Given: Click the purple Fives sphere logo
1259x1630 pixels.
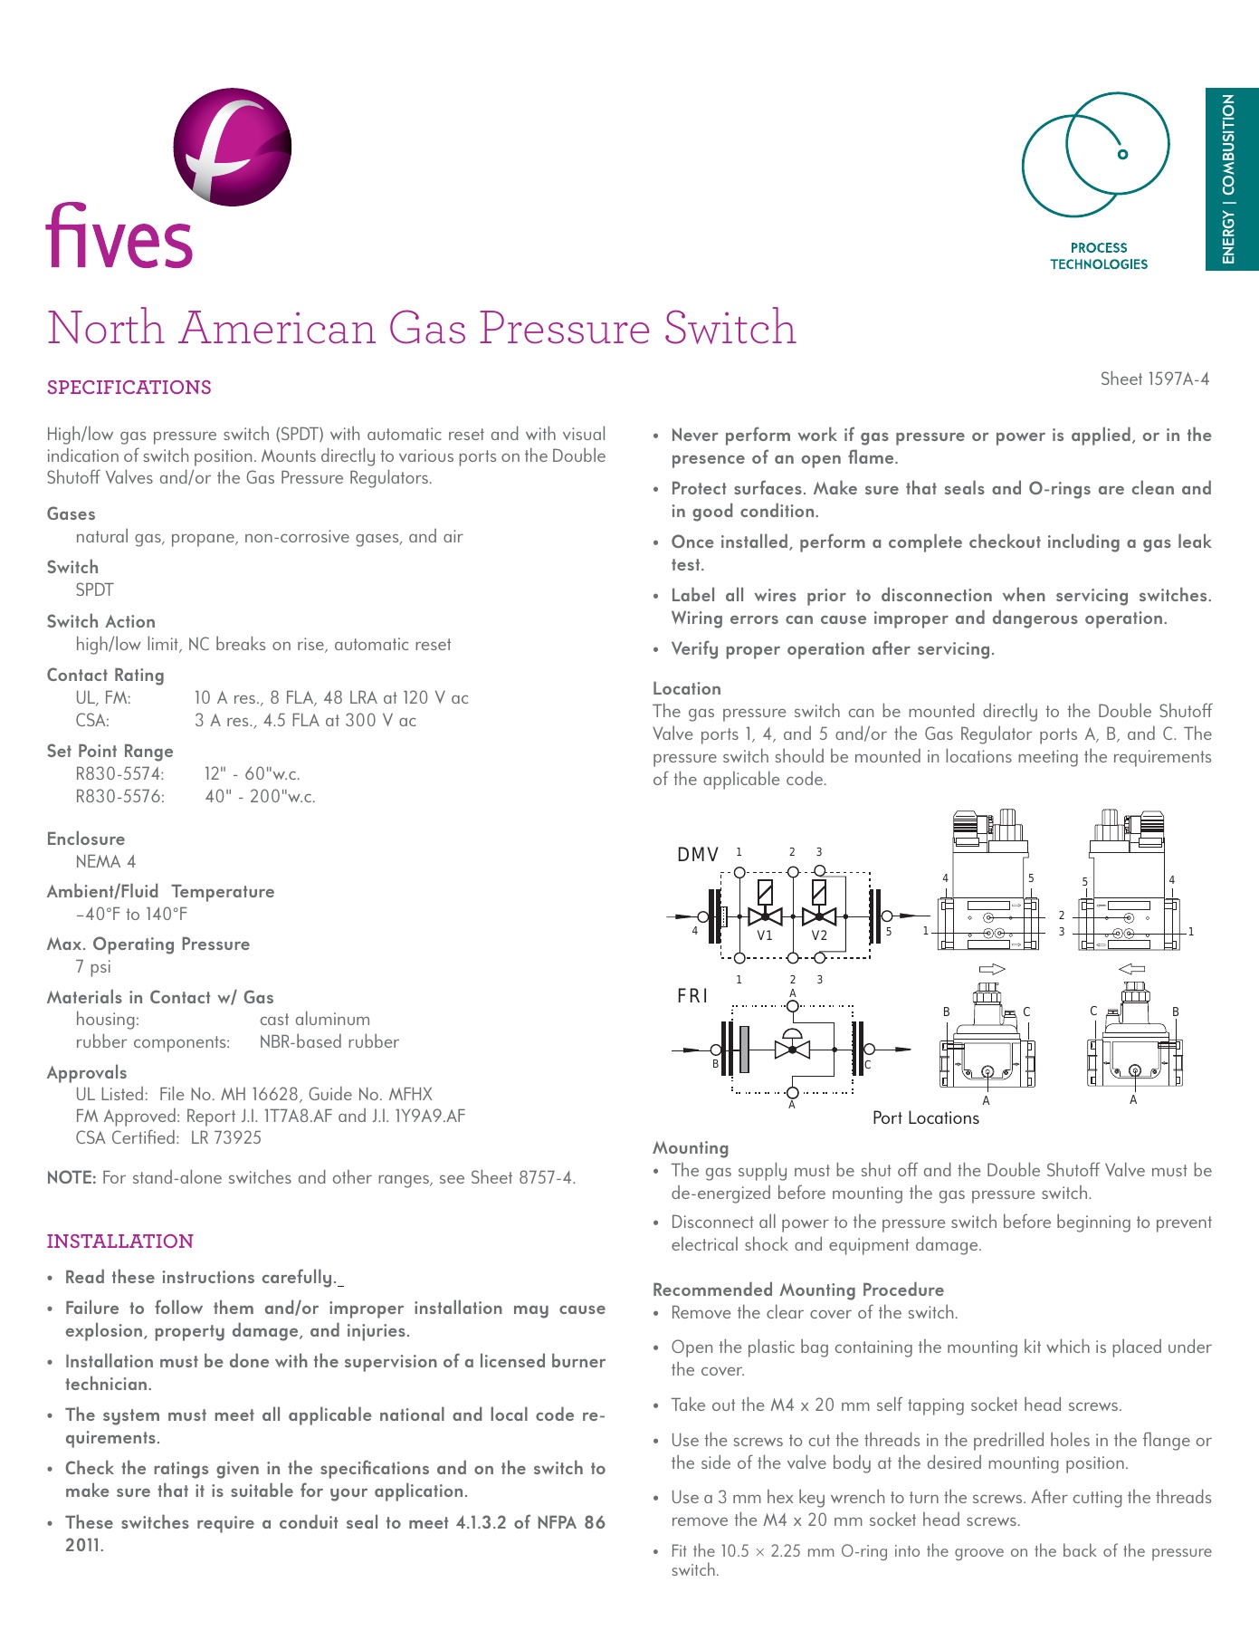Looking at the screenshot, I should (233, 147).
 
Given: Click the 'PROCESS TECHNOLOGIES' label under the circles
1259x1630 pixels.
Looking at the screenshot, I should (1098, 256).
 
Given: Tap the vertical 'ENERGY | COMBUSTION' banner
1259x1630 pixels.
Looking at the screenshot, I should (1229, 179).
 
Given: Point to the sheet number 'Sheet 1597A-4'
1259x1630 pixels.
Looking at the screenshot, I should (1154, 379).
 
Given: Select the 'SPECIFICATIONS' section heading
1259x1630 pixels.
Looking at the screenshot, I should (129, 388).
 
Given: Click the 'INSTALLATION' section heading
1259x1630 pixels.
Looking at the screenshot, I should (120, 1242).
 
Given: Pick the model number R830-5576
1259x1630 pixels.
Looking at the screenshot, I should (120, 797).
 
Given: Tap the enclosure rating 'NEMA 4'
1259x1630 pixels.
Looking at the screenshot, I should (106, 862).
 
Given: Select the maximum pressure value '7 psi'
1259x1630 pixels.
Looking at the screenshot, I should (93, 967).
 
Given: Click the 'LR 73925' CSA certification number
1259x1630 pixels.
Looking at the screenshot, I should (226, 1138).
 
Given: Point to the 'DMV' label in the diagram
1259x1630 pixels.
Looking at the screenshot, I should (698, 855).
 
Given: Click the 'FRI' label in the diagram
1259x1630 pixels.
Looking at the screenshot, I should (692, 996).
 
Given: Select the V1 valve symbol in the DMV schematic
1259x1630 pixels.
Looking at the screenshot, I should (766, 916).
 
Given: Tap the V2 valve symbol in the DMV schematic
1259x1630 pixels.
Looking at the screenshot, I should (819, 916).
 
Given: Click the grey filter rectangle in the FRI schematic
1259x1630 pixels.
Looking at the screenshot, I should (745, 1050).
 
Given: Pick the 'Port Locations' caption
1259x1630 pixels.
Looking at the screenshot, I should (926, 1118).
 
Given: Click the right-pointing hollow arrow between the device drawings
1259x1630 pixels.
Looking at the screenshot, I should (992, 969).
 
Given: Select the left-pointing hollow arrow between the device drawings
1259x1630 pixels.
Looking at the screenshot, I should (1132, 969).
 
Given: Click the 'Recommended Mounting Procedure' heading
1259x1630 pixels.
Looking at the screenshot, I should (798, 1290).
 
